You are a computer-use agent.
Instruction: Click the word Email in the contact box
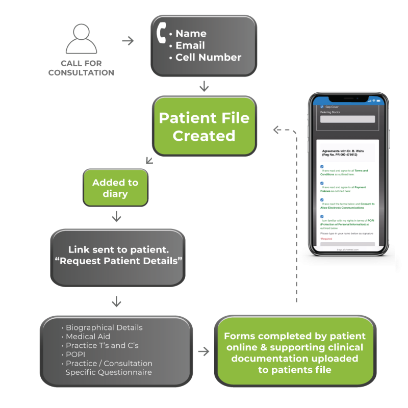[x=191, y=45]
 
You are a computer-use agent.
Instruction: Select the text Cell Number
[x=208, y=57]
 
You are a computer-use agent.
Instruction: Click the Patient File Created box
[x=204, y=126]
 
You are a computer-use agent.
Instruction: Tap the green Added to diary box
[x=115, y=188]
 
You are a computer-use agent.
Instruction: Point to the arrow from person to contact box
[x=128, y=41]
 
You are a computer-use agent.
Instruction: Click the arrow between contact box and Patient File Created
[x=204, y=86]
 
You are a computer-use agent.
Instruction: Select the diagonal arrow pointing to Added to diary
[x=149, y=161]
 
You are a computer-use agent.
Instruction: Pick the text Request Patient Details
[x=119, y=261]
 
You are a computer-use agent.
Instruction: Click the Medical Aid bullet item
[x=88, y=337]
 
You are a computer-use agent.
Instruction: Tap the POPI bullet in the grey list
[x=76, y=354]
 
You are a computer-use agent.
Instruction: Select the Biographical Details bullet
[x=104, y=327]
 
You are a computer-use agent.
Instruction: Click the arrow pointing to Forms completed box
[x=203, y=351]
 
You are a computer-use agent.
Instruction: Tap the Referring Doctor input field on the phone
[x=347, y=119]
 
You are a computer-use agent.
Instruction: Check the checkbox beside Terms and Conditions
[x=322, y=166]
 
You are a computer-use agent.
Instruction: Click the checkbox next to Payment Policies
[x=322, y=183]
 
